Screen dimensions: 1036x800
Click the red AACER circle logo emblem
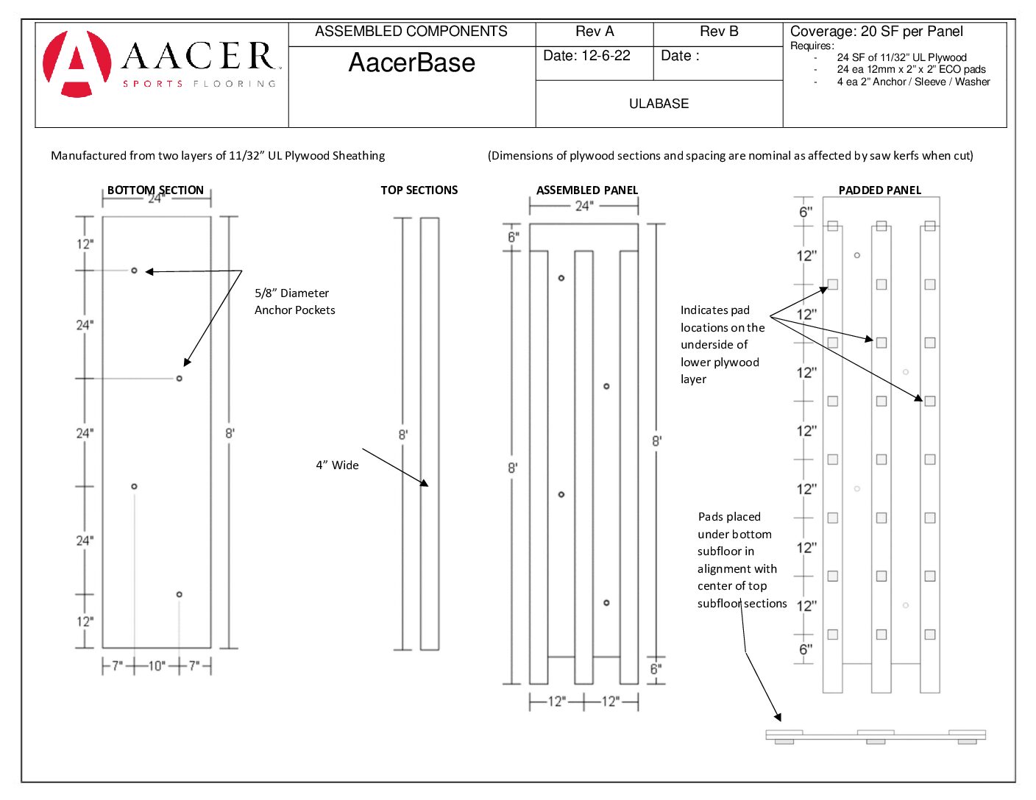coord(77,64)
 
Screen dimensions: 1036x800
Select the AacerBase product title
coord(411,63)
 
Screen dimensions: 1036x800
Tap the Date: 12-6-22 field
coord(586,56)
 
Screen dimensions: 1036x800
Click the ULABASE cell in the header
coord(659,104)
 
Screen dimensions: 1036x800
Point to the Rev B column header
coord(718,32)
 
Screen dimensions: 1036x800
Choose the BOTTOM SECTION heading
coord(155,190)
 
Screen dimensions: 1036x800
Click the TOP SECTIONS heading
coord(419,190)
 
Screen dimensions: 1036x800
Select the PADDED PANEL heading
coord(879,190)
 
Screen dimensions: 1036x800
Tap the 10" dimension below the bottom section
coord(157,665)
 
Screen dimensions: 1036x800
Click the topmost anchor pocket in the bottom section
coord(134,271)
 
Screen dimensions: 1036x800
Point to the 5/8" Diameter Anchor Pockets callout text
coord(294,301)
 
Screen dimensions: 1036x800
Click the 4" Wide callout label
coord(337,465)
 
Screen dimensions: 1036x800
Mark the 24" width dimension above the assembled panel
coord(583,206)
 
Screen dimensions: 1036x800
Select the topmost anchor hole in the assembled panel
coord(561,278)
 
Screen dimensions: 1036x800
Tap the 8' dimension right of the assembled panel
coord(656,441)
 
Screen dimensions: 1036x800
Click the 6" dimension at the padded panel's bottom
coord(806,649)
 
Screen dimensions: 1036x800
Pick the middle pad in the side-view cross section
coord(876,742)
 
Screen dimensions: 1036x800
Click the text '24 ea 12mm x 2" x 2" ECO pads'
coord(911,70)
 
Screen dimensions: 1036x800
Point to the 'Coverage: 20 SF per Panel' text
coord(876,32)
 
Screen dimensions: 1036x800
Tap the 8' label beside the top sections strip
coord(403,435)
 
